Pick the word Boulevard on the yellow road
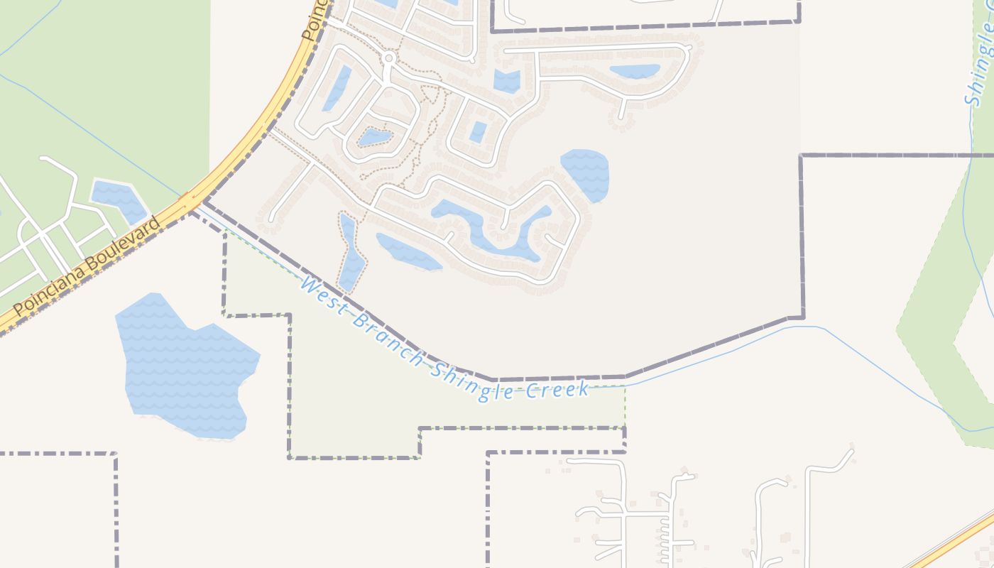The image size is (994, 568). pyautogui.click(x=121, y=246)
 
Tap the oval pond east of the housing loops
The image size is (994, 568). pyautogui.click(x=586, y=175)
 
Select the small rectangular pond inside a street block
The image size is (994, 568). pyautogui.click(x=479, y=132)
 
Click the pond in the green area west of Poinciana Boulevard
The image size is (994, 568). pyautogui.click(x=119, y=200)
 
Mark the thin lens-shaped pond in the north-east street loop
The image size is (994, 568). pyautogui.click(x=635, y=71)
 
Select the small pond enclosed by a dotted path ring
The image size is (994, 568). pyautogui.click(x=373, y=137)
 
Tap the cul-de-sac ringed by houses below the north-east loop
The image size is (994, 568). pyautogui.click(x=623, y=124)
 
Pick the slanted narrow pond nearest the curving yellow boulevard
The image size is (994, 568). pyautogui.click(x=337, y=88)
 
